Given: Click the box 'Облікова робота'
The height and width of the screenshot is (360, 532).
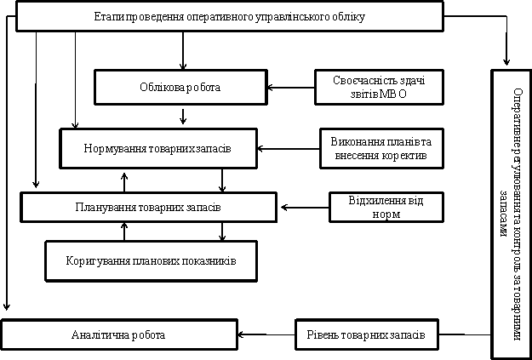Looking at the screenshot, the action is coord(180,87).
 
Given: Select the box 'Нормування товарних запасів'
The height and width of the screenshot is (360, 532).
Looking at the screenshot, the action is coord(158,148).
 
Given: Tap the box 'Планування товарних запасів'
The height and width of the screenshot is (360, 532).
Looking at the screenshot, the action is coord(149,207).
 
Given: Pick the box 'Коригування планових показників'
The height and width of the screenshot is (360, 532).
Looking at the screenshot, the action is coord(151,261).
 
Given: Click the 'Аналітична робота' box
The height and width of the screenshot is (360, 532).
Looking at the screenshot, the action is coord(119,334).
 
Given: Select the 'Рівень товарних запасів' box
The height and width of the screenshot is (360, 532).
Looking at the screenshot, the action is coord(367,334).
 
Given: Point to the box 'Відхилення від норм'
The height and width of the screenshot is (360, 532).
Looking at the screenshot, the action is coord(386,207).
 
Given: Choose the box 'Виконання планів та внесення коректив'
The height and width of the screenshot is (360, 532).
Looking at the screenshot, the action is coord(381,148).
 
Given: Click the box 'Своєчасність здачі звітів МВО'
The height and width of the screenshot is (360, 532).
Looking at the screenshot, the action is coord(380,87).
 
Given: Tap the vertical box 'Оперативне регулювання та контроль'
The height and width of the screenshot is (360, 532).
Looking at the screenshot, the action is coord(511,214).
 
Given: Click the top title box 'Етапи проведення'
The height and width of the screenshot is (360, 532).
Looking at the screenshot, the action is coord(230,16).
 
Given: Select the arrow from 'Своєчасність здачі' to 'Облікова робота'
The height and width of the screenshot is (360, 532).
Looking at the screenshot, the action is coord(291,88).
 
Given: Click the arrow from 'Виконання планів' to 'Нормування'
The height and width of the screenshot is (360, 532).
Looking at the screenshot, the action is coord(289,149).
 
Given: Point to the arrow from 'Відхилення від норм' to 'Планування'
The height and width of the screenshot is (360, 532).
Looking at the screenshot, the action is coord(305,208).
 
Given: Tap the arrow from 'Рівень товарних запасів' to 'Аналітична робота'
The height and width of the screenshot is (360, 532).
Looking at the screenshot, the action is coord(266,334).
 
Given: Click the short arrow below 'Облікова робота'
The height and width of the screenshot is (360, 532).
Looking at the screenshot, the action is coord(183,116).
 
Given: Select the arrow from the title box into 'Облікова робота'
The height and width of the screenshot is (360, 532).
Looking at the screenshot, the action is coord(183,51).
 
